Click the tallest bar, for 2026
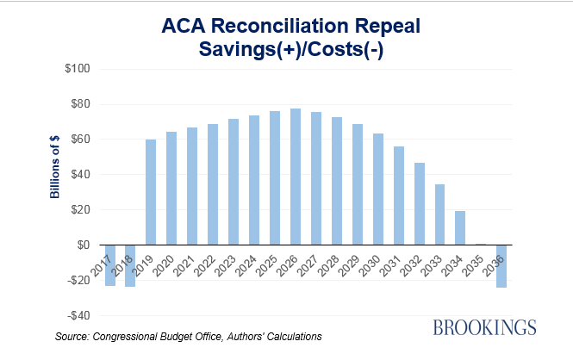[296, 177]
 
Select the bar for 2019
[151, 192]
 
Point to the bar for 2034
[461, 227]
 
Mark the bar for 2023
[234, 182]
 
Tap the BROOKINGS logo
[484, 326]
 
